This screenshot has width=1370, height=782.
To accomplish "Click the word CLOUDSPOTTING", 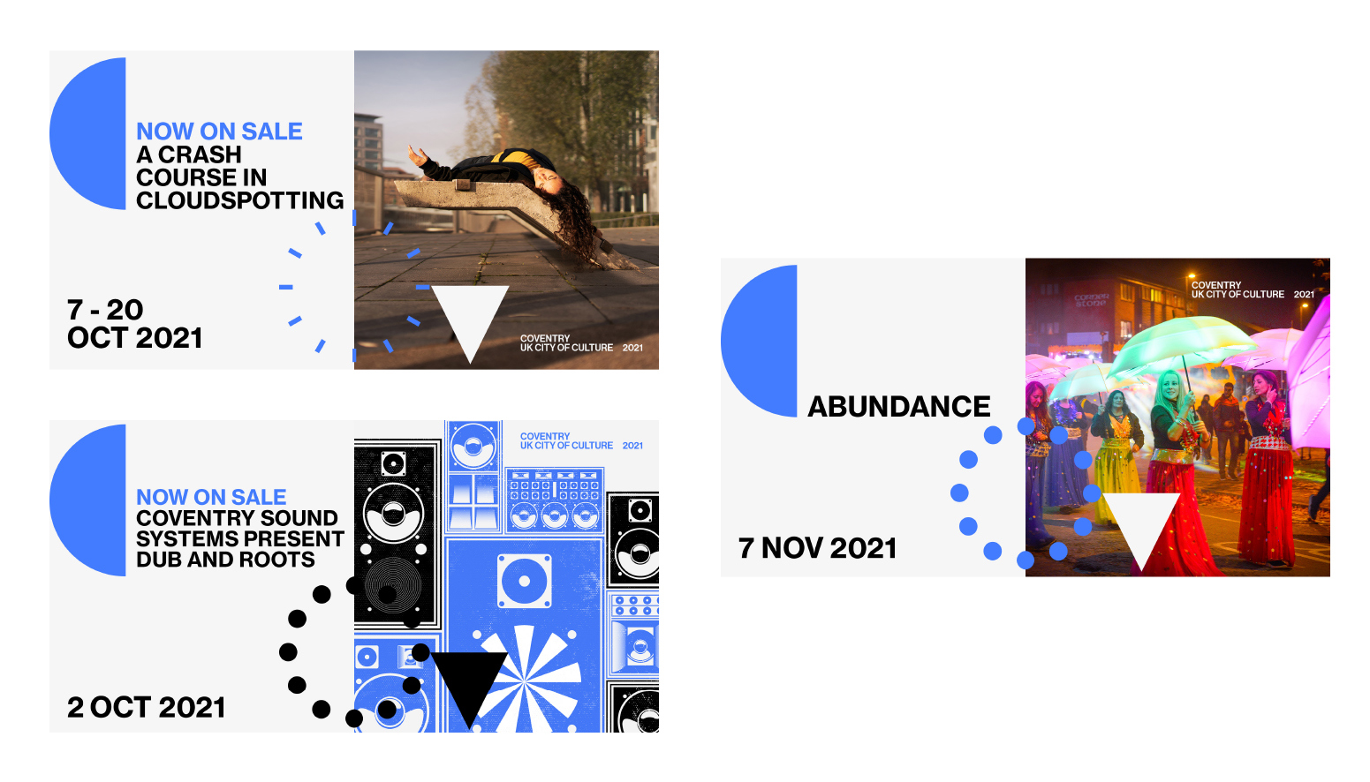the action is coord(239,200).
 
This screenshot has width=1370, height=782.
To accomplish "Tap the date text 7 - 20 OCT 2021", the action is coord(134,324).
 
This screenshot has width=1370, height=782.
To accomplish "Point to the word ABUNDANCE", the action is coord(899,407).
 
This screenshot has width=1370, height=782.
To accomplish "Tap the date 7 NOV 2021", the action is coord(817,548).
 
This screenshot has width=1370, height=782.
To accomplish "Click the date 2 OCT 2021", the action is coord(146,708).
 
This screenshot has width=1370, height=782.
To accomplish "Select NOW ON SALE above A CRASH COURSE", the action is coord(219,132).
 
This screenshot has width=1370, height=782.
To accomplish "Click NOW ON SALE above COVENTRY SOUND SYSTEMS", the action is coord(211,497).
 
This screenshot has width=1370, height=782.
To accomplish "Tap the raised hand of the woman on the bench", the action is coord(418,156).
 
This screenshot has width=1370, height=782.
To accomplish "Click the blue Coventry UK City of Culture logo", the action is coord(581,441).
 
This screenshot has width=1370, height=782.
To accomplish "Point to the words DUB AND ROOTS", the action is coord(225,560).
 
